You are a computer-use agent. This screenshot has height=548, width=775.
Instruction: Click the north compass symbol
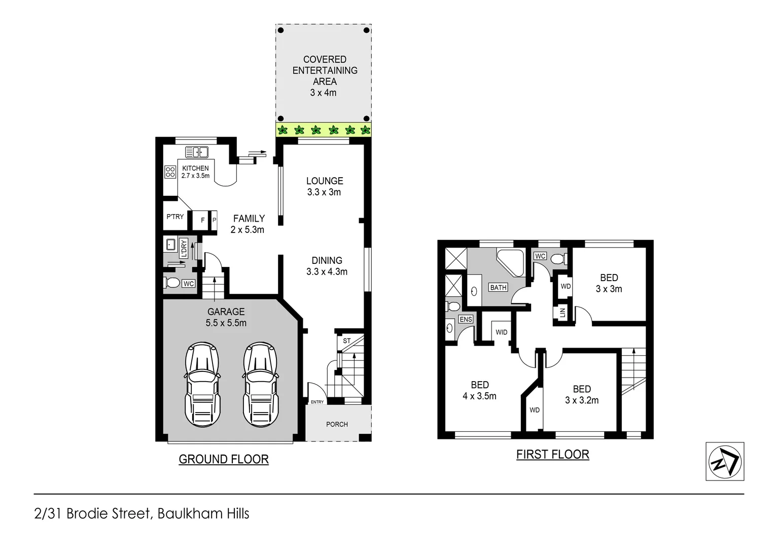pyautogui.click(x=725, y=461)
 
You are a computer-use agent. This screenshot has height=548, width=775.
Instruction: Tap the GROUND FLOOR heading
pyautogui.click(x=223, y=459)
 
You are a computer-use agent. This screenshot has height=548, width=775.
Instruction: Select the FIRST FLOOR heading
pyautogui.click(x=552, y=454)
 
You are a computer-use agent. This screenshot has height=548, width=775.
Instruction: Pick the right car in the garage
pyautogui.click(x=260, y=384)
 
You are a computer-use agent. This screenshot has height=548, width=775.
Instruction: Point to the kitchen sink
pyautogui.click(x=197, y=152)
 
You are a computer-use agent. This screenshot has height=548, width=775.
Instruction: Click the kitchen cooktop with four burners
pyautogui.click(x=170, y=172)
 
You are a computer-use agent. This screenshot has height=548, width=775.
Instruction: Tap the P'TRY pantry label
pyautogui.click(x=175, y=217)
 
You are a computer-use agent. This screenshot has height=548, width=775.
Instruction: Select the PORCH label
pyautogui.click(x=337, y=424)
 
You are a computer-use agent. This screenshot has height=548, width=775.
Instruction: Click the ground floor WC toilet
pyautogui.click(x=171, y=283)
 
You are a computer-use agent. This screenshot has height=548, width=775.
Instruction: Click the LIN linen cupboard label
pyautogui.click(x=562, y=312)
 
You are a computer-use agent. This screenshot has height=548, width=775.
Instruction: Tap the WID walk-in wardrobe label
pyautogui.click(x=501, y=332)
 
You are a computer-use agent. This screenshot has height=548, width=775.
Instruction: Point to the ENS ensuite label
pyautogui.click(x=465, y=319)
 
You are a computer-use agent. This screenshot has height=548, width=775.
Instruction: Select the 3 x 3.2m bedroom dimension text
pyautogui.click(x=582, y=400)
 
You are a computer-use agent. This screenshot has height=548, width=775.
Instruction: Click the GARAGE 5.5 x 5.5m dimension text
pyautogui.click(x=226, y=323)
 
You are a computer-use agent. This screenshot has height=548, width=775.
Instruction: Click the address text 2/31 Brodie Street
pyautogui.click(x=142, y=513)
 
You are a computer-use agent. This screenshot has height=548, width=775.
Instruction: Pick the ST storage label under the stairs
pyautogui.click(x=346, y=340)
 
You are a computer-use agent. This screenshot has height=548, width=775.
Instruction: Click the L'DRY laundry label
pyautogui.click(x=184, y=248)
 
